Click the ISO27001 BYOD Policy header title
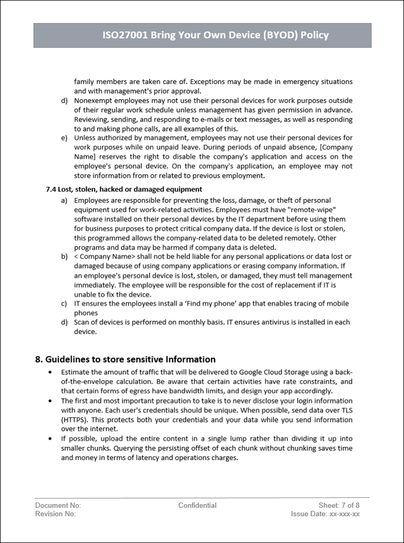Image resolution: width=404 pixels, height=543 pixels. pos(215,35)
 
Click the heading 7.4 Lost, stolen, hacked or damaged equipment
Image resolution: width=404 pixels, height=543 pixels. pos(124,189)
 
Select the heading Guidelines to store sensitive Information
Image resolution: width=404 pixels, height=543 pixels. pos(125,359)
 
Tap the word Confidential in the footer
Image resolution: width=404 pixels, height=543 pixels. pos(197,505)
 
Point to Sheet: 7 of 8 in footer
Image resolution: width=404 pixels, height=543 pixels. pos(339,505)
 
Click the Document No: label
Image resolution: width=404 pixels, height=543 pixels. pos(58,505)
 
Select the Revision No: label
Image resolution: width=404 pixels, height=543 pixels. pos(55,514)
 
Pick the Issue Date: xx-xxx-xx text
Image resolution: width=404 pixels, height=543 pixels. pos(325,514)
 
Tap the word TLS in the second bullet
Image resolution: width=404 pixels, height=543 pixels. pos(347,410)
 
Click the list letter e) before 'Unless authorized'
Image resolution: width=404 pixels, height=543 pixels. pos(65,137)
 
